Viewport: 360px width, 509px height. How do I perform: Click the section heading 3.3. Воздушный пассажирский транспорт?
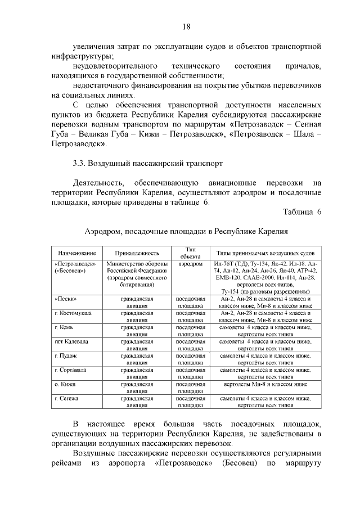point(147,164)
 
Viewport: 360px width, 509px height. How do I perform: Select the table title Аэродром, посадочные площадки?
point(186,231)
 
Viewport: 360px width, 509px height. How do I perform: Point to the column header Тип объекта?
point(190,253)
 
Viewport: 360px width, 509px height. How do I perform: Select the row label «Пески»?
point(66,299)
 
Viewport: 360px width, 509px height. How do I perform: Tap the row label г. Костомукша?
point(74,312)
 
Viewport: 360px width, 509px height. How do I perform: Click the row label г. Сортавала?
point(71,370)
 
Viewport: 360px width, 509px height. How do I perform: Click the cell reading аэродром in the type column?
point(190,264)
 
